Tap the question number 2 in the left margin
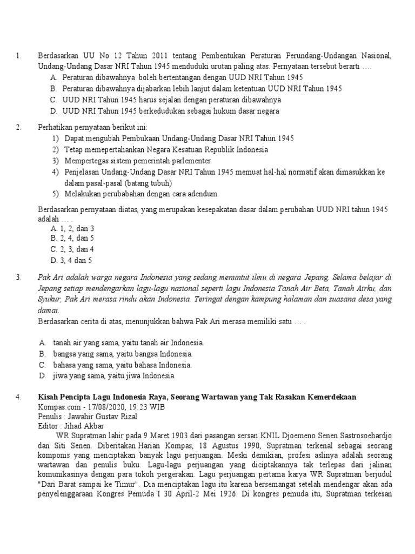(x=18, y=128)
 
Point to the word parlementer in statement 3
(x=191, y=161)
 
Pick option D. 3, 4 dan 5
(x=72, y=260)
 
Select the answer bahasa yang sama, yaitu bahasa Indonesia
(x=122, y=365)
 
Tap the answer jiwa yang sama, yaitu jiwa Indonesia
(x=114, y=375)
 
